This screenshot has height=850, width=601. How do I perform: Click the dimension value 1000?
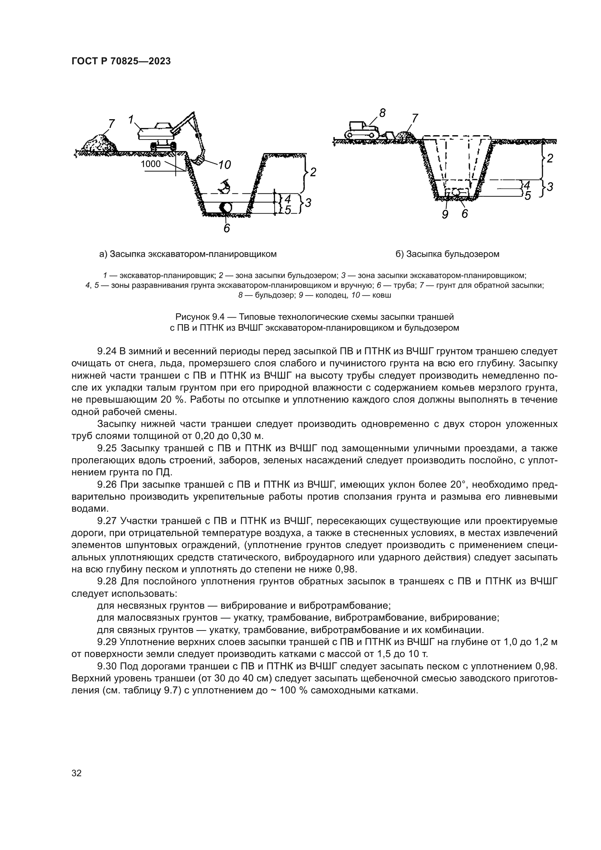click(151, 164)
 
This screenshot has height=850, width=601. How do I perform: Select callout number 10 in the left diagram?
click(224, 165)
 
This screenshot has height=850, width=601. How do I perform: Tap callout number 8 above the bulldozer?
click(382, 113)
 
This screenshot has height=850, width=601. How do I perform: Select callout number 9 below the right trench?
click(445, 214)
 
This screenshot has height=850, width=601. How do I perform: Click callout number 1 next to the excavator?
click(131, 119)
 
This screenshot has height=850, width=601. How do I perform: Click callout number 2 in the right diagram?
click(550, 158)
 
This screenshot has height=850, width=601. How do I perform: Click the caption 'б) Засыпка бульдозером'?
click(447, 254)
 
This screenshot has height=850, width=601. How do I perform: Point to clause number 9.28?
click(107, 581)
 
